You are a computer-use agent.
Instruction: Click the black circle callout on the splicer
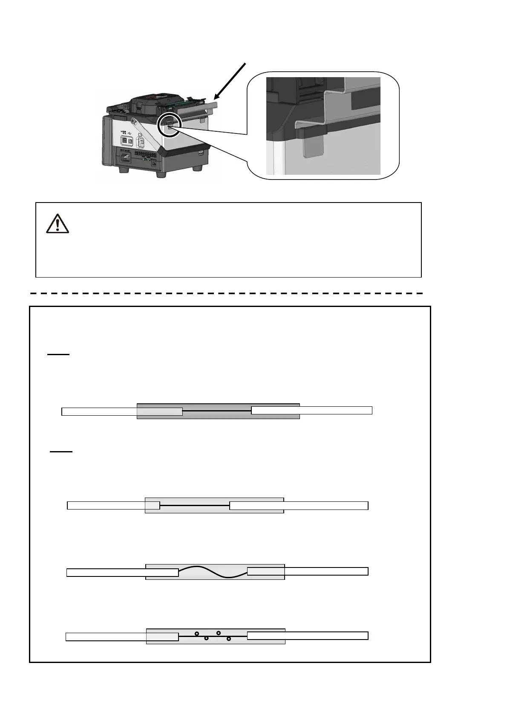[x=169, y=125]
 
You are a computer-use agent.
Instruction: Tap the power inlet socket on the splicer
[x=127, y=157]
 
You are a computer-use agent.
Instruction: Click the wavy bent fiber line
[x=213, y=571]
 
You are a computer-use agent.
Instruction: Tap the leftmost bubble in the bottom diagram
[x=197, y=634]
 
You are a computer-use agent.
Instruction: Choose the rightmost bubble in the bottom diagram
[x=229, y=639]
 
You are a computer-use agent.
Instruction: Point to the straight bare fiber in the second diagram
[x=195, y=505]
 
